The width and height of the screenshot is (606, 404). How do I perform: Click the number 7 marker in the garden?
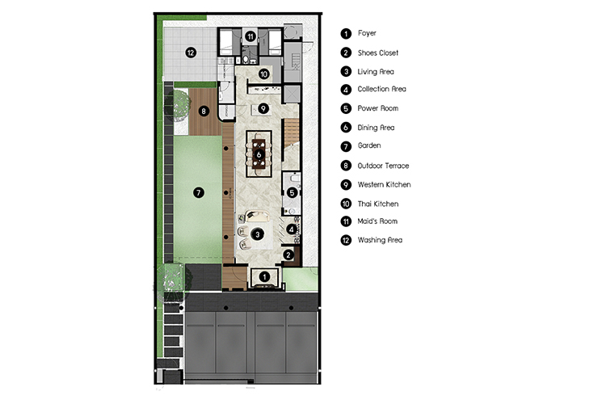[x=199, y=192]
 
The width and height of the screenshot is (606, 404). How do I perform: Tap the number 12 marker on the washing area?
[x=191, y=53]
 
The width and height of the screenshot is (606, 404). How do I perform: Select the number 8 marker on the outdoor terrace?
[x=204, y=112]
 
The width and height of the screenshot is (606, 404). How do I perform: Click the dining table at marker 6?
[x=259, y=154]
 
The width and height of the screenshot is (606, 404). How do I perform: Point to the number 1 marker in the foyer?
[x=264, y=277]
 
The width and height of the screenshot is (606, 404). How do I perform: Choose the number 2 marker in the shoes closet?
[x=288, y=255]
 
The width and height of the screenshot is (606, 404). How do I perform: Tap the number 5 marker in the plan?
[x=292, y=192]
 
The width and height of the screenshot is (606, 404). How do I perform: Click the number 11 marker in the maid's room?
[x=250, y=36]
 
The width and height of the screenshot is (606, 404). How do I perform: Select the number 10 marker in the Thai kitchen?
[x=263, y=74]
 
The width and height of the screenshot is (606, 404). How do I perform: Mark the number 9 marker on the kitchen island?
[x=263, y=108]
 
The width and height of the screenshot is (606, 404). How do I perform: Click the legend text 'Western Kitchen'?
[x=384, y=185]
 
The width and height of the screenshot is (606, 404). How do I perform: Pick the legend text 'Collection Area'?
[x=382, y=89]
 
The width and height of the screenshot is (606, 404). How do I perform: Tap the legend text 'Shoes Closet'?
[x=378, y=53]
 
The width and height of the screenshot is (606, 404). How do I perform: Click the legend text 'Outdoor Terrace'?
[x=383, y=166]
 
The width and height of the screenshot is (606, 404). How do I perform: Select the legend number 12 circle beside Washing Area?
[x=346, y=240]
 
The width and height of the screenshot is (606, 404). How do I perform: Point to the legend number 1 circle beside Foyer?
[x=346, y=34]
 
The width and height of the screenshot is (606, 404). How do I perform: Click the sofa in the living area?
[x=258, y=216]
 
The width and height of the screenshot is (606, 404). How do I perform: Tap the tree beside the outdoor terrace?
[x=178, y=103]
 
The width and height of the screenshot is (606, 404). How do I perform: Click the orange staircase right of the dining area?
[x=292, y=132]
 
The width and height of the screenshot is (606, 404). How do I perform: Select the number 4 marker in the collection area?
[x=292, y=229]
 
